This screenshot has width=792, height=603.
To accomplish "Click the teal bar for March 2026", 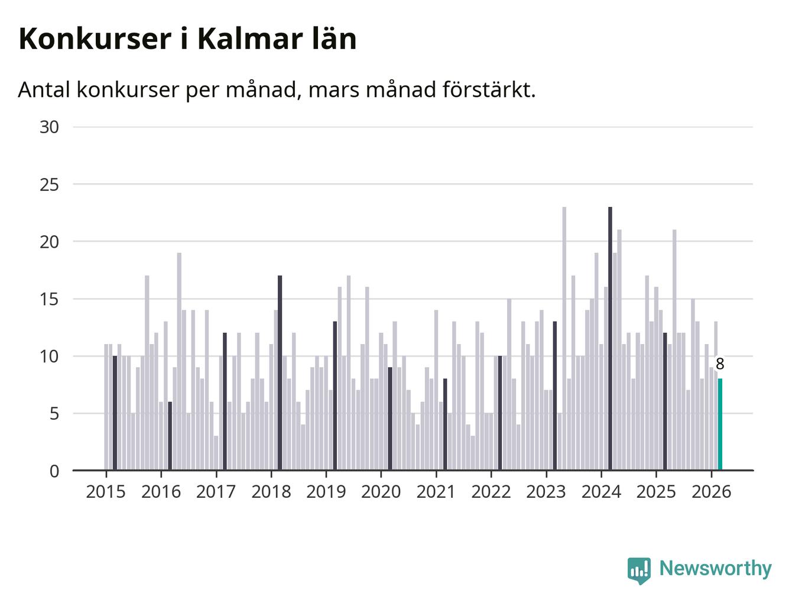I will point(720,424).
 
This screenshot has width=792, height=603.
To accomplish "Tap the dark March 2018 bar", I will point(280,373).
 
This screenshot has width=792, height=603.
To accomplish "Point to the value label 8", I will point(720,364).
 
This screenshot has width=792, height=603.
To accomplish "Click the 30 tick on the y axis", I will point(50,127).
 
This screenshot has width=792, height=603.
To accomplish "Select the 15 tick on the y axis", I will point(50,299).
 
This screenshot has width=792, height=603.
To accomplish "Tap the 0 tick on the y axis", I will point(54,471).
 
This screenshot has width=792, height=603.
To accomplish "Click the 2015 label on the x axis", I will point(106,492).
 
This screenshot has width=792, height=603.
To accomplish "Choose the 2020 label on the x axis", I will point(381,492).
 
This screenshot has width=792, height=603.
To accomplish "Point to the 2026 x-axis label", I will point(711,492).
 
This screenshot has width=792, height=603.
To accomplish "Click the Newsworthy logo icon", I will point(639,570).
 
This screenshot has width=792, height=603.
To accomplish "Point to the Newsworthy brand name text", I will point(715,569).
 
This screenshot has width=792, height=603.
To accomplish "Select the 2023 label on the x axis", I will point(546,492).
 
